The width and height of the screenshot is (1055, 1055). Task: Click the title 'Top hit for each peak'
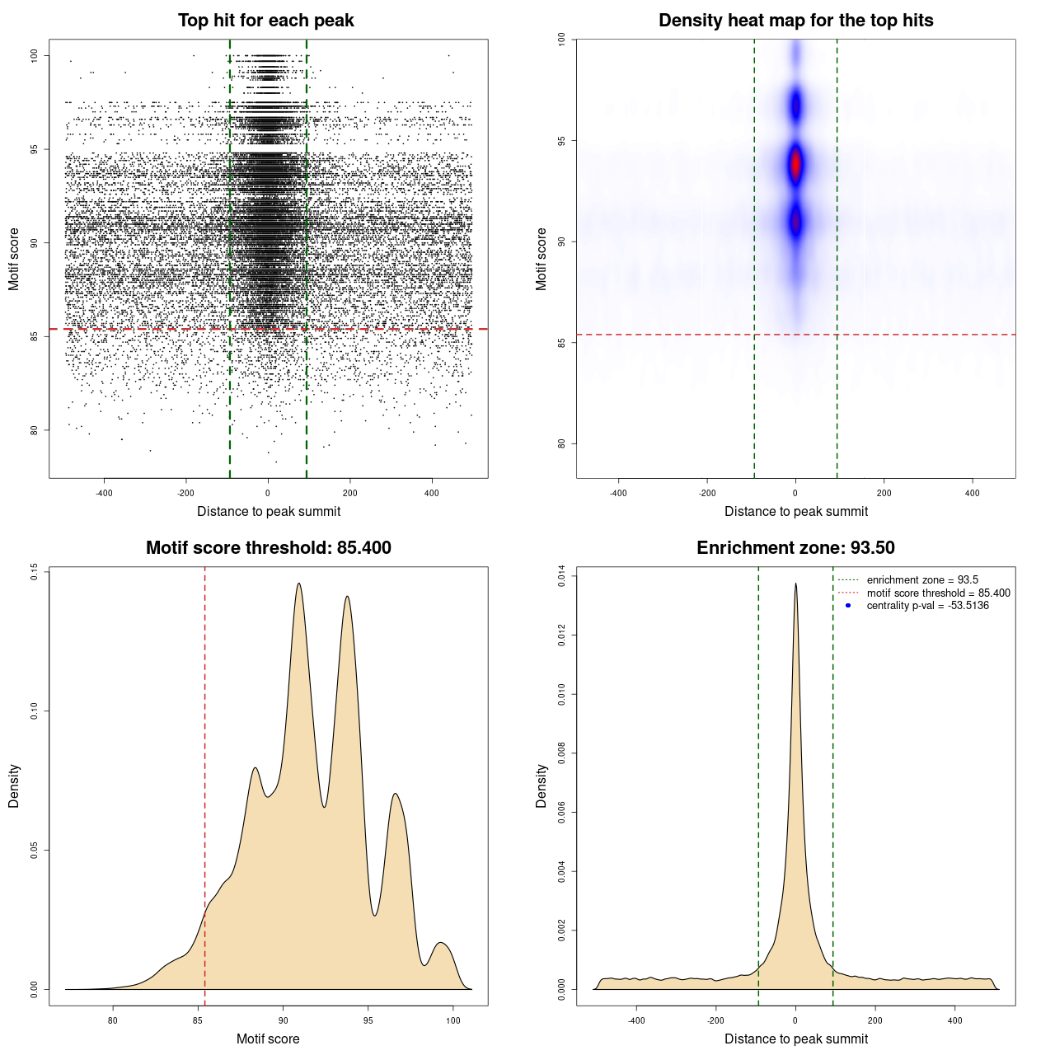point(265,21)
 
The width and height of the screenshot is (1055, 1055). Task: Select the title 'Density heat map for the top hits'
point(795,21)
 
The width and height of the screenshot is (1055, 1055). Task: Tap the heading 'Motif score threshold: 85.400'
point(268,548)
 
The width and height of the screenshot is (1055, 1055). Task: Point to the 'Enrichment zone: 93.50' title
point(795,548)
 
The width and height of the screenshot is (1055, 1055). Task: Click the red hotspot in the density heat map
point(795,164)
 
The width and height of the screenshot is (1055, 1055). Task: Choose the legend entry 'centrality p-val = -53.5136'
point(927,606)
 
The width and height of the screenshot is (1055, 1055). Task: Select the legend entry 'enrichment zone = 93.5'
point(922,580)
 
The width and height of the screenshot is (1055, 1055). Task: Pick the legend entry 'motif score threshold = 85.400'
point(938,593)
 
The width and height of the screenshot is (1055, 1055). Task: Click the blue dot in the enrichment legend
point(848,606)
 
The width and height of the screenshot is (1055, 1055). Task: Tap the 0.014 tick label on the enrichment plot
point(561,575)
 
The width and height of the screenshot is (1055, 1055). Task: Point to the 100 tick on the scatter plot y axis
point(34,55)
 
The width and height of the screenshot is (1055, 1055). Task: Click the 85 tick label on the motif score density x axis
point(198,1020)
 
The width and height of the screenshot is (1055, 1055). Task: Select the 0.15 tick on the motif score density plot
point(34,572)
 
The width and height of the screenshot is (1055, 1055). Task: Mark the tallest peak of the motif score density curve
point(298,584)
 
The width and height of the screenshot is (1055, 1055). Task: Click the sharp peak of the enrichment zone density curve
point(795,584)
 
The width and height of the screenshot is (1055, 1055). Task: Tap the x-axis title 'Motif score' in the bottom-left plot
point(268,1039)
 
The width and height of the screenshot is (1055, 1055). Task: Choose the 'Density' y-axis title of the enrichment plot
point(542,785)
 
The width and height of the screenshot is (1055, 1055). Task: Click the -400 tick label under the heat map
point(618,493)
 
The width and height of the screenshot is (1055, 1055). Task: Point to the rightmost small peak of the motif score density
point(442,943)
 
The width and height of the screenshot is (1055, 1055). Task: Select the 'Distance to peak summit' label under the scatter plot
point(269,511)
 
